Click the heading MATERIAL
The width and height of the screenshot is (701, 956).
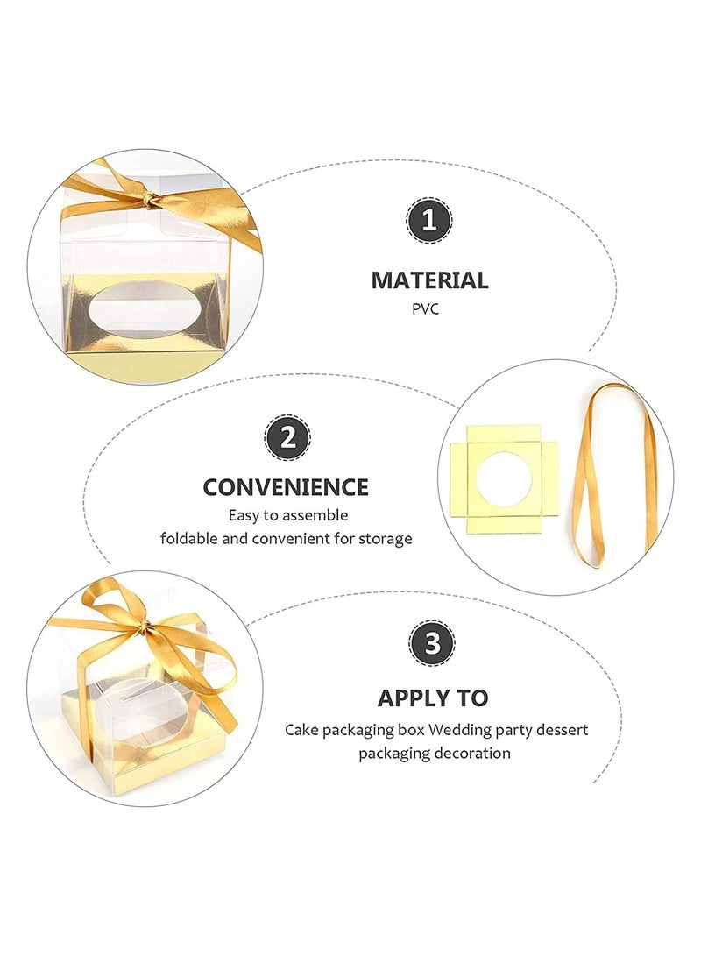click(x=429, y=280)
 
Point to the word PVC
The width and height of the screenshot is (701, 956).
click(x=429, y=309)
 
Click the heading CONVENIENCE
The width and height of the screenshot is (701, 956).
click(x=286, y=487)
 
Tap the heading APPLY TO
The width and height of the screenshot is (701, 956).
click(x=433, y=698)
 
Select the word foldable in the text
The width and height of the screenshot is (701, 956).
click(x=189, y=538)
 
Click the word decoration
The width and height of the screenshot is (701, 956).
click(x=471, y=753)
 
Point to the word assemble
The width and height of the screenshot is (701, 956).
click(x=315, y=515)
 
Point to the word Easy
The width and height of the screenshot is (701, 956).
click(x=244, y=515)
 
